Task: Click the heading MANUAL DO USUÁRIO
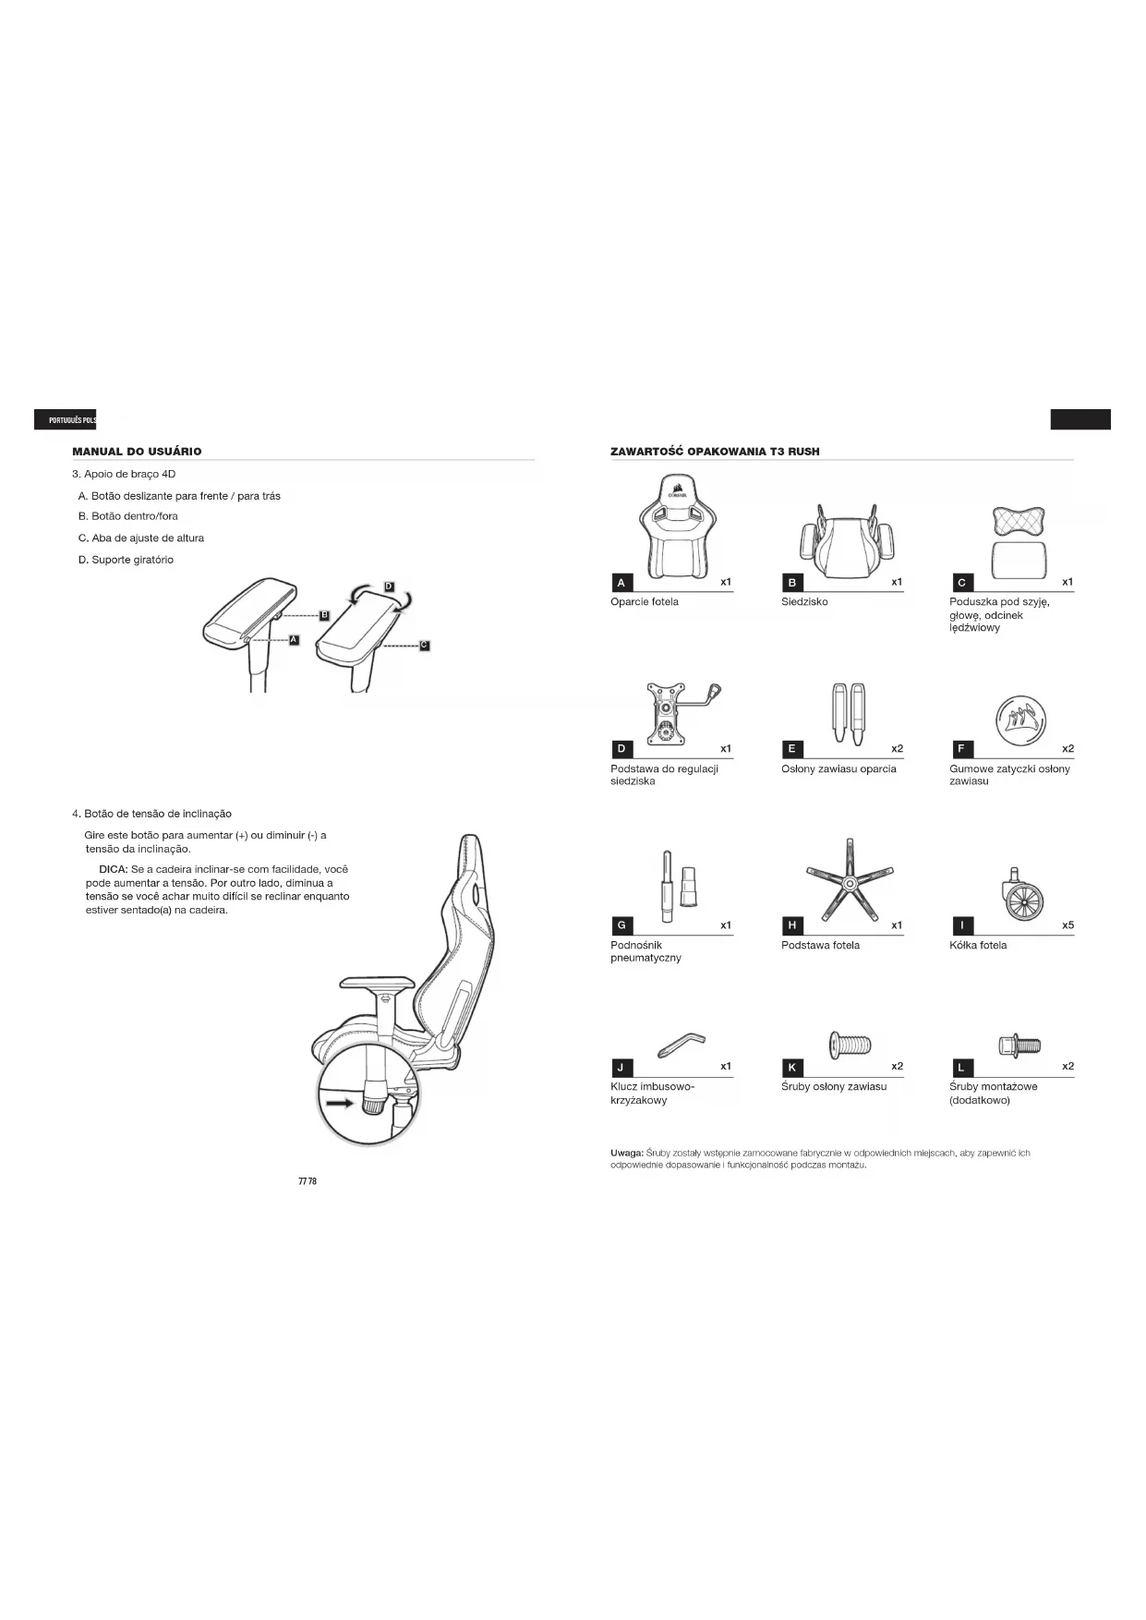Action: (137, 452)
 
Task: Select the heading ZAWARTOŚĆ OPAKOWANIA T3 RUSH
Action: (715, 452)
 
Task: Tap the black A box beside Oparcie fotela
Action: (621, 583)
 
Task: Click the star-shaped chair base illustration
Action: (849, 878)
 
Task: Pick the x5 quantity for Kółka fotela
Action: (1068, 925)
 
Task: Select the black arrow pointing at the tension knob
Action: (338, 1102)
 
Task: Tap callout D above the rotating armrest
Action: (389, 586)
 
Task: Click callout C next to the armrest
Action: (424, 646)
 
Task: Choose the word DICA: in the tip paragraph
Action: (113, 870)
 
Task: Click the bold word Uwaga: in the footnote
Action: (627, 1154)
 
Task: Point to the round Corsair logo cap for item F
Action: (1021, 718)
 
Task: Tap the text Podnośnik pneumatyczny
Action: (645, 951)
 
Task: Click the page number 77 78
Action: (308, 1181)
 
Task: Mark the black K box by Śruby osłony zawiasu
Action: (792, 1068)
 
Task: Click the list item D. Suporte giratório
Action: (126, 560)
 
